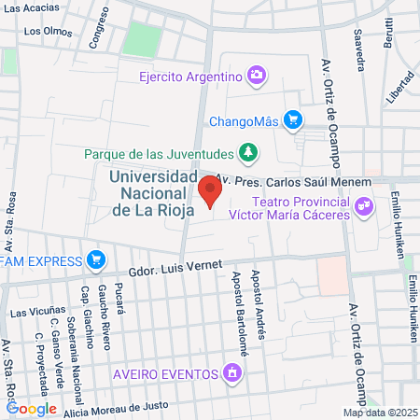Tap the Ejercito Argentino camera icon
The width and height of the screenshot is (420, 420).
[x=257, y=75]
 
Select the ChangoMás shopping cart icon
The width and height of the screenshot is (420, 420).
[x=293, y=119]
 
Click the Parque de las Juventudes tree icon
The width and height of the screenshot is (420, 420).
[x=247, y=151]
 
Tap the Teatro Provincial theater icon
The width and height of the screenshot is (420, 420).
[x=363, y=205]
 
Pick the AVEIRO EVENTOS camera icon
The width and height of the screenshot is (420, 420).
[x=231, y=374]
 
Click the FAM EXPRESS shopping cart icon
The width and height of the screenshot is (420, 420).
[x=94, y=259]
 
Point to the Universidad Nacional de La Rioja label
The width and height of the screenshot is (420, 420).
[x=151, y=193]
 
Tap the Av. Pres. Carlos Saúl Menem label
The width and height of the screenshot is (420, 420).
[x=293, y=180]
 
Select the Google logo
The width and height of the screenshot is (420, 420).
[x=31, y=408]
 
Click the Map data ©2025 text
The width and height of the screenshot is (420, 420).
[x=380, y=413]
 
